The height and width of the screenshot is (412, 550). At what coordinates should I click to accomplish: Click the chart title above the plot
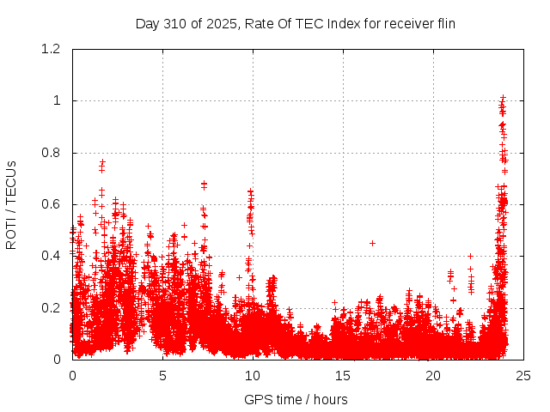296,23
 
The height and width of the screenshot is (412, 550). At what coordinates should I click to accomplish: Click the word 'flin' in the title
444,23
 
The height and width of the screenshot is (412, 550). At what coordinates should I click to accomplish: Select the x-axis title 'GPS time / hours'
296,399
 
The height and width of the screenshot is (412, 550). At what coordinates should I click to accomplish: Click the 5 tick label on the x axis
162,376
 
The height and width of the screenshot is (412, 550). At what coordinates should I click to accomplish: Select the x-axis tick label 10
253,376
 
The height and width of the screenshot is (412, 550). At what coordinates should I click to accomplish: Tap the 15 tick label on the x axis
343,376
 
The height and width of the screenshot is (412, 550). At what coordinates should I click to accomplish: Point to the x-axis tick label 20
433,376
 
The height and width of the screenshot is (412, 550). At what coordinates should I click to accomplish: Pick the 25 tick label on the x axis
523,376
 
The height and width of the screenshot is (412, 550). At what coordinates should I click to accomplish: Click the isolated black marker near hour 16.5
372,243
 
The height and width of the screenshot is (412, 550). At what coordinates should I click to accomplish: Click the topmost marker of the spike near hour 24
503,97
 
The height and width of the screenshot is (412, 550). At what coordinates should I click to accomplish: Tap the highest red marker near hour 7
204,183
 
